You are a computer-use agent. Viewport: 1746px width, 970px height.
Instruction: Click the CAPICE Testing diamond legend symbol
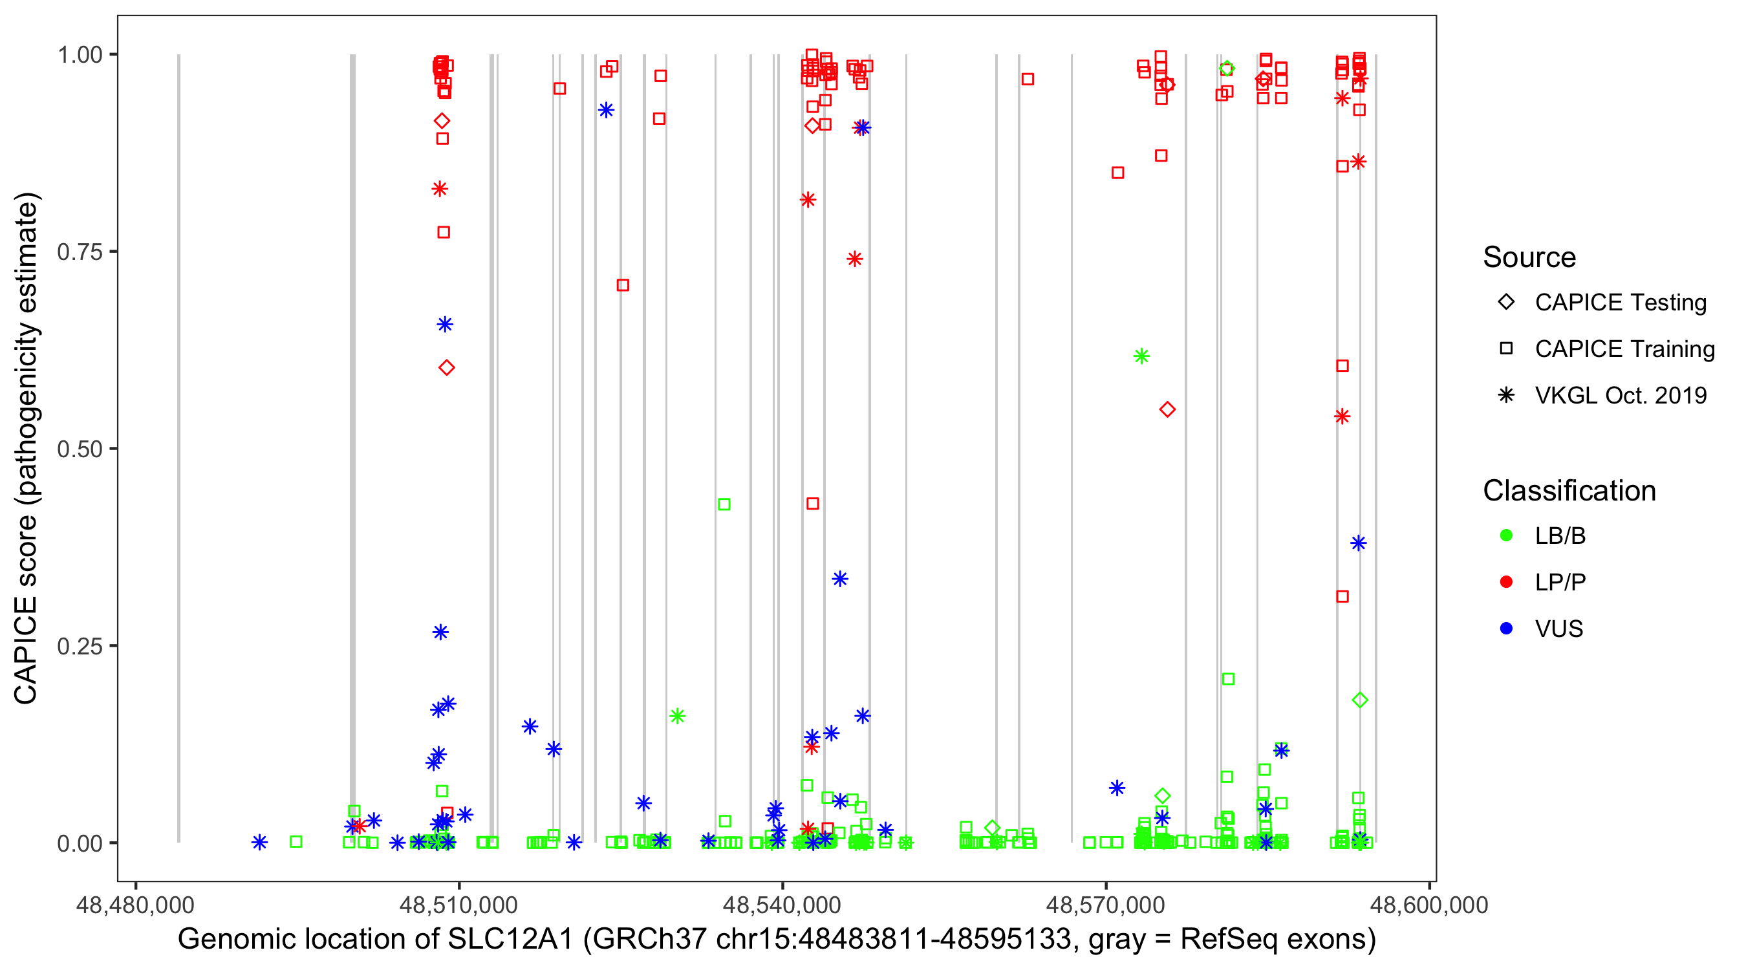click(x=1506, y=303)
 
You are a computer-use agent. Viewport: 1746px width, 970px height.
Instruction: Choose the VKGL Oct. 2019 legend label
click(x=1620, y=395)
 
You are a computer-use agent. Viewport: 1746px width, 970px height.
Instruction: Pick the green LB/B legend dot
click(x=1506, y=535)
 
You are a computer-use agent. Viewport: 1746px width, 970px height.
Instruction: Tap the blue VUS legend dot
click(x=1506, y=629)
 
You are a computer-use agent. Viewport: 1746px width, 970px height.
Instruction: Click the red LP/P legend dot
click(x=1506, y=582)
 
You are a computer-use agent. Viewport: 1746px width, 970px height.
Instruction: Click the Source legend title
click(x=1529, y=257)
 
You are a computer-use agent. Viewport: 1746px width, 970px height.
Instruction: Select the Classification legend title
click(x=1568, y=490)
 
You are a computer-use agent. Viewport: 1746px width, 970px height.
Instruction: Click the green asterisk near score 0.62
click(x=1141, y=356)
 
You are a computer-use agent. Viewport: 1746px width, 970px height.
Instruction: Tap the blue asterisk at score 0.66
click(x=445, y=325)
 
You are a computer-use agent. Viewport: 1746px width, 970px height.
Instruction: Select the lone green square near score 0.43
click(x=724, y=504)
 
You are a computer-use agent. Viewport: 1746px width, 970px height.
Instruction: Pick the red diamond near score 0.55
click(x=1167, y=409)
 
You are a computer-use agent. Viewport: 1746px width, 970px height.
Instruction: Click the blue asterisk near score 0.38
click(x=1358, y=543)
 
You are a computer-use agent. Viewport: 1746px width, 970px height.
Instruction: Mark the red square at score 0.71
click(x=623, y=285)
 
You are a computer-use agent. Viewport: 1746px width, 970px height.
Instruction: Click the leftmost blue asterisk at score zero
click(x=259, y=843)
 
